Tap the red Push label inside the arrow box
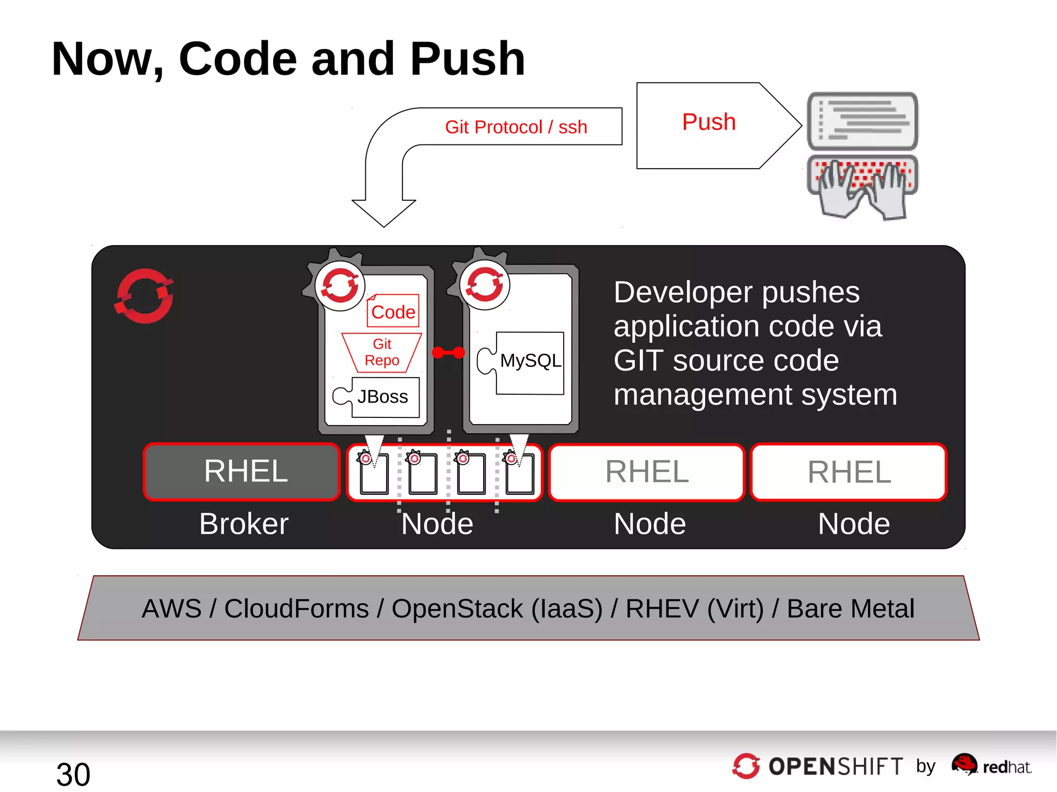[709, 122]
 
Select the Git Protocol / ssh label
[516, 127]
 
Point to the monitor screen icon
[862, 121]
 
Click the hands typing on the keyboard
[862, 188]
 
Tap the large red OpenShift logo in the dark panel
[144, 296]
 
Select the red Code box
[393, 312]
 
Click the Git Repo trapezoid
[382, 352]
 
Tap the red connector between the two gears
[448, 352]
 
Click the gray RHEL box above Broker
[242, 472]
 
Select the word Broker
[244, 524]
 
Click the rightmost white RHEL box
[848, 472]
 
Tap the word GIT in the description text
[638, 360]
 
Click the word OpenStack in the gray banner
[457, 608]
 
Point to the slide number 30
[73, 774]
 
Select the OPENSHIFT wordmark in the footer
[835, 766]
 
